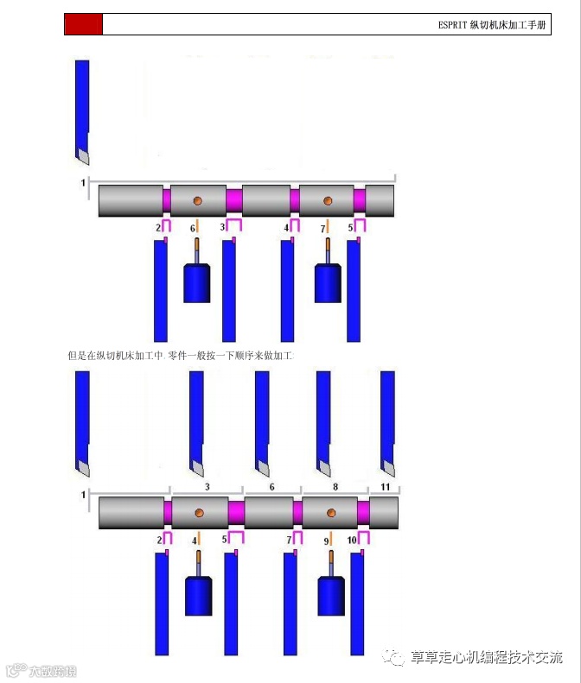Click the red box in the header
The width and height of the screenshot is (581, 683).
[84, 24]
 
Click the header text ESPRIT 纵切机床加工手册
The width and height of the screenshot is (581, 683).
[492, 25]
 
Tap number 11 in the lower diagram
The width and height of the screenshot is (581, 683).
[385, 487]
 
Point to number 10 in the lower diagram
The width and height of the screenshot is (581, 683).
[352, 540]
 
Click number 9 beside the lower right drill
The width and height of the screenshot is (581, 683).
[326, 541]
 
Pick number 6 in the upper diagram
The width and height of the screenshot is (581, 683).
[193, 228]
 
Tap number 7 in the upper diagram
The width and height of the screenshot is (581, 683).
[322, 229]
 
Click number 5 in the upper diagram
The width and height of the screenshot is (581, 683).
[351, 228]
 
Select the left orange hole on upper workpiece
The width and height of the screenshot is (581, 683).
[197, 200]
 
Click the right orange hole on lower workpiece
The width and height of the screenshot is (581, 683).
[330, 513]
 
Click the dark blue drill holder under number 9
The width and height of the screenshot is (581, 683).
[331, 596]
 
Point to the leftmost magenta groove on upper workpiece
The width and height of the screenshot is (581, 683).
[167, 200]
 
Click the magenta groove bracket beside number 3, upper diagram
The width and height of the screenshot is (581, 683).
[233, 225]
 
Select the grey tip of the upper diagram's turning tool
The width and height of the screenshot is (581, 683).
[81, 155]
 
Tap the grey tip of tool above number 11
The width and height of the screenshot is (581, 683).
[387, 467]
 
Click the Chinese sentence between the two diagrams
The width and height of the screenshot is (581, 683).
[181, 356]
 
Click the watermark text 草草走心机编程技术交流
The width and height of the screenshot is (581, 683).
[486, 658]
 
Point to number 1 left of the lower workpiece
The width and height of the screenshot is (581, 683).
[84, 495]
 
